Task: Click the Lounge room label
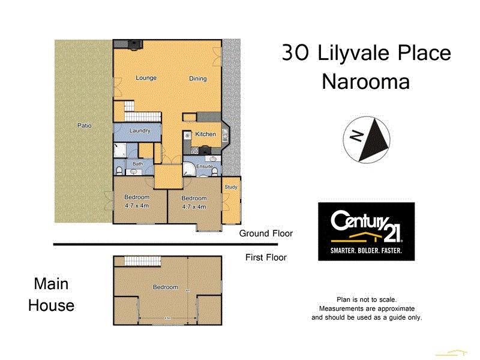tap(146, 77)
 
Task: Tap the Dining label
tap(198, 79)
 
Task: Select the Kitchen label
tap(205, 134)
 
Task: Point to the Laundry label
tap(139, 130)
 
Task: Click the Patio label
tap(84, 125)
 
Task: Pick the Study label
tap(231, 187)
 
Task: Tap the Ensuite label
tap(205, 166)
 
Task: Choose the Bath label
tap(137, 164)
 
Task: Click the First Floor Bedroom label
tap(165, 287)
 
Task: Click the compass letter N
tap(356, 136)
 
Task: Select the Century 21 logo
tap(366, 231)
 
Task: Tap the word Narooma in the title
tap(365, 82)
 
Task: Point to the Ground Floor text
tap(265, 233)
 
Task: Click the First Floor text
tap(266, 257)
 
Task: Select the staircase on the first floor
tap(143, 261)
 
